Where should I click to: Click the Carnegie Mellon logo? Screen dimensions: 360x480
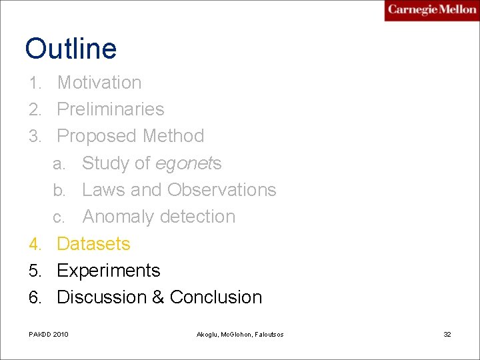click(431, 10)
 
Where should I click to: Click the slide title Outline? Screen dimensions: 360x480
click(71, 49)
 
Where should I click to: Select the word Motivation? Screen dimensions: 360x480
click(99, 83)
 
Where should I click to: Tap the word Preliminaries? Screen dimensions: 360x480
click(111, 109)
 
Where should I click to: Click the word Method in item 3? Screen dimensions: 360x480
click(172, 136)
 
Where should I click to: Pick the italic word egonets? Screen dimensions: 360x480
click(188, 163)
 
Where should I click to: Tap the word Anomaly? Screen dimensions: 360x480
click(115, 217)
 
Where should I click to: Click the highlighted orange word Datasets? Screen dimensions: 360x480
click(93, 244)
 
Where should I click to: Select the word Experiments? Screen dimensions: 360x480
click(109, 271)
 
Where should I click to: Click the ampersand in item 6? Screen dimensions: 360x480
click(158, 297)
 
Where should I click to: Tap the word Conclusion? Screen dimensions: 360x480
click(216, 297)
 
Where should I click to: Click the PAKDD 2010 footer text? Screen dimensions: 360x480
click(49, 334)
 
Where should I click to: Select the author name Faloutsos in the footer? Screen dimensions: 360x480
click(267, 334)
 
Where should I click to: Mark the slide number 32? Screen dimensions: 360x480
click(447, 334)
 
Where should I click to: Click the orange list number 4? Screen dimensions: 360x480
click(35, 245)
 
